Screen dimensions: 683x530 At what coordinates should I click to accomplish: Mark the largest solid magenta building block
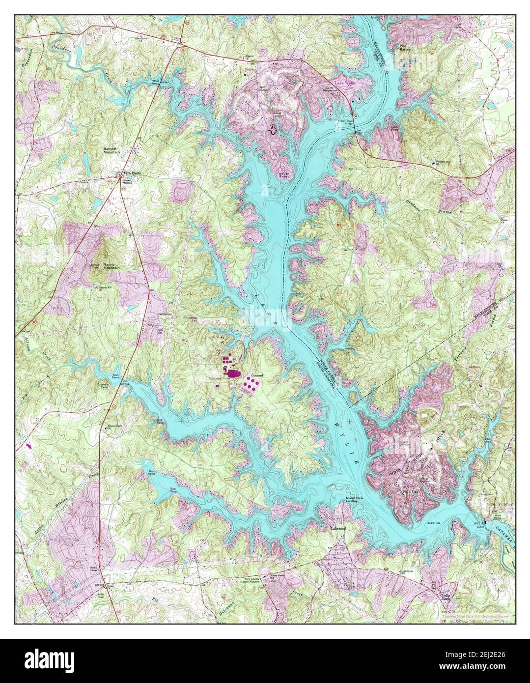[232, 375]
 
